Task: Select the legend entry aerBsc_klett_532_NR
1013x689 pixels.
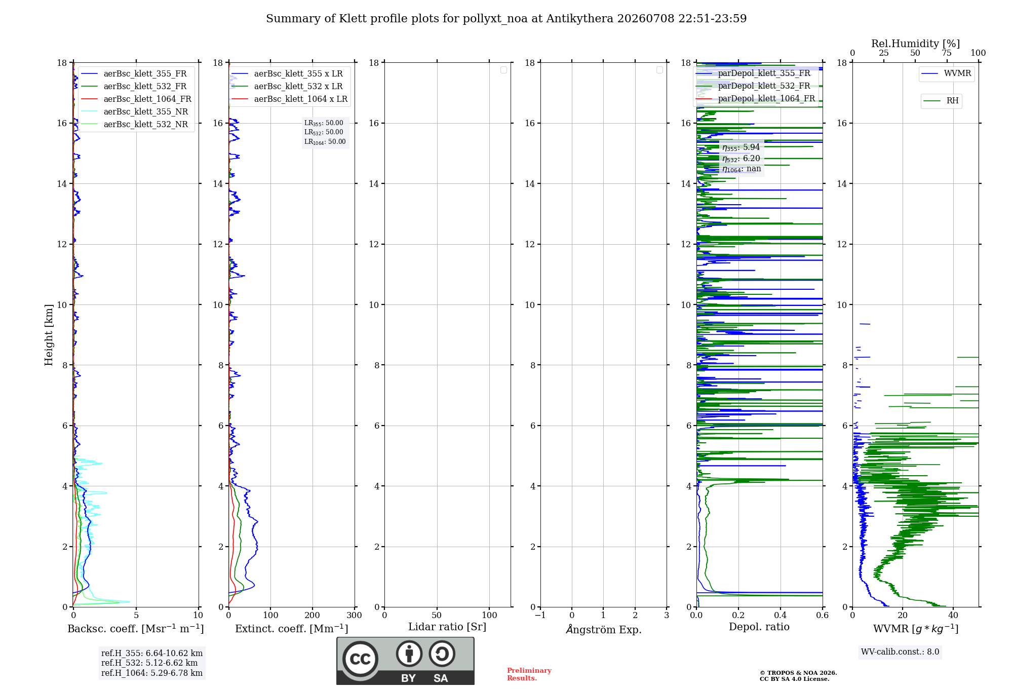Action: tap(134, 125)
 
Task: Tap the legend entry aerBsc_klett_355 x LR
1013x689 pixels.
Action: tap(287, 74)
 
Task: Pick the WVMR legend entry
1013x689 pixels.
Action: tap(946, 73)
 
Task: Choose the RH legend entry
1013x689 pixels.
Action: tap(941, 101)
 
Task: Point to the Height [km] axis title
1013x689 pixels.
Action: tap(49, 335)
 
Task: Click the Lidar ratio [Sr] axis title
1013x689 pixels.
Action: tap(447, 627)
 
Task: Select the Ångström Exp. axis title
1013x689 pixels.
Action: tap(604, 629)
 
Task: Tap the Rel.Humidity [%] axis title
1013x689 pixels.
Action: tap(916, 44)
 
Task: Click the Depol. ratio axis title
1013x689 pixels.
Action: tap(759, 627)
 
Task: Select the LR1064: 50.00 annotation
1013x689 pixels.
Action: tap(325, 142)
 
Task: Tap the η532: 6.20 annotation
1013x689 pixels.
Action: tap(741, 159)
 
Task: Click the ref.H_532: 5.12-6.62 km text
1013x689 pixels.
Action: tap(149, 663)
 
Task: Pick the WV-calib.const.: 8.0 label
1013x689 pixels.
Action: tap(900, 652)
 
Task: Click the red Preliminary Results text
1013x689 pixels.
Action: tap(529, 674)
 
